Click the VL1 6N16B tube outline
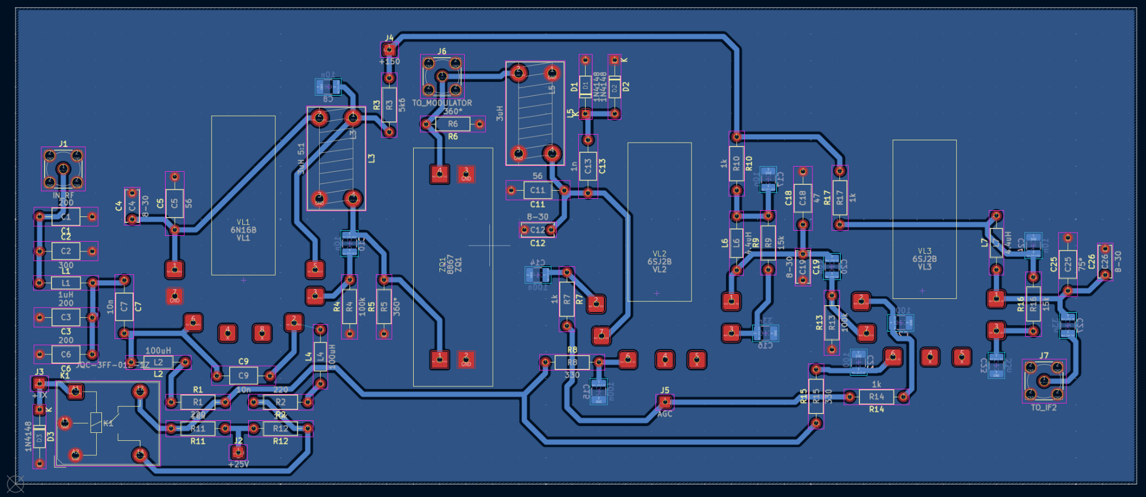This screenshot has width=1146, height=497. [243, 195]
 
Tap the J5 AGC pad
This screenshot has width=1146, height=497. [665, 402]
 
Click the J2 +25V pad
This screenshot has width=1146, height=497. [238, 452]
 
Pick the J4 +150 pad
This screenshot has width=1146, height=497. [389, 49]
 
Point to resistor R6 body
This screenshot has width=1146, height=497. [453, 124]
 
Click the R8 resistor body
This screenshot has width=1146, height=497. [572, 362]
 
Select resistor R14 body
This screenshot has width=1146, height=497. [876, 396]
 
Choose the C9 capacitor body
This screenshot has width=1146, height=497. [244, 376]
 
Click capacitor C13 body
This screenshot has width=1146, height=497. [588, 166]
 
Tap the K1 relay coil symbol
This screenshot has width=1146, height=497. [96, 423]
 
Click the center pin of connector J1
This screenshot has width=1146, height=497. [63, 168]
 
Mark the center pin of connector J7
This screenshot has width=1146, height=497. [1043, 380]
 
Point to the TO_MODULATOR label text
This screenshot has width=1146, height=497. [442, 103]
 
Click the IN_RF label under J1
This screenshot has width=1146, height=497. [63, 195]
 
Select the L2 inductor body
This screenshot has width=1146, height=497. [158, 362]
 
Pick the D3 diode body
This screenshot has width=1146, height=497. [40, 439]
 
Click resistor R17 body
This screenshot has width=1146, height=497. [839, 198]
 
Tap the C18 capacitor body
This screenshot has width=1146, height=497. [802, 198]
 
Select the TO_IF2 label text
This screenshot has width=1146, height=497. [1043, 408]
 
